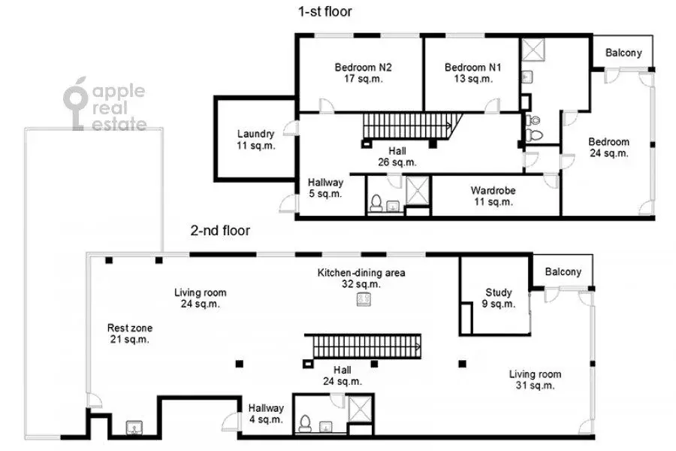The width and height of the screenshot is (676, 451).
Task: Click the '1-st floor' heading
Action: click(x=325, y=11)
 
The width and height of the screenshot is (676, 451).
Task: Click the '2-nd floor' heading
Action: click(x=219, y=231)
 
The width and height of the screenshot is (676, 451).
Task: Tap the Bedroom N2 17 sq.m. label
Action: click(x=359, y=73)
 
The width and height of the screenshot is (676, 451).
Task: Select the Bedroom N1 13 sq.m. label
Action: click(x=472, y=73)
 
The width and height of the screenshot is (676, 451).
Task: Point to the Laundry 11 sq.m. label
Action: click(x=255, y=140)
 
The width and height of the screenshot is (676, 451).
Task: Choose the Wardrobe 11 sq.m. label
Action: click(x=493, y=195)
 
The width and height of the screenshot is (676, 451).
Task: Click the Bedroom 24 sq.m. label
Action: click(x=608, y=147)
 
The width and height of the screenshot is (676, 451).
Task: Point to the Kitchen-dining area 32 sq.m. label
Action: click(x=361, y=278)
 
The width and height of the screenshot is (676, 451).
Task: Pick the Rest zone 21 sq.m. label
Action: click(x=129, y=334)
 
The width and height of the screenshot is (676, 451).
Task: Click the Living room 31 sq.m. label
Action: click(x=535, y=380)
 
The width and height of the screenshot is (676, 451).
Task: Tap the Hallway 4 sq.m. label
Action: click(x=266, y=414)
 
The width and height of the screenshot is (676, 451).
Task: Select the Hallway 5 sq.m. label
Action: click(x=325, y=188)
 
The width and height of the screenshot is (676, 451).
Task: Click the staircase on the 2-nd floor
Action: click(x=365, y=347)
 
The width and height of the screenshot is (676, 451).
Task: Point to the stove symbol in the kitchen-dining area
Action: click(x=363, y=299)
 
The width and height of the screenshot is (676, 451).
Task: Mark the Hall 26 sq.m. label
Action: click(x=398, y=156)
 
